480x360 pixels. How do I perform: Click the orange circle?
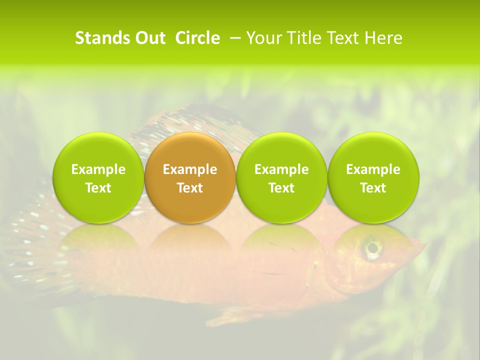(x=190, y=177)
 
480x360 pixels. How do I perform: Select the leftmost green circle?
(x=98, y=177)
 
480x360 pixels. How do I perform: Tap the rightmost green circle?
(x=373, y=177)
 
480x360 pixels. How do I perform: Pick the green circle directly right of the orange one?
(x=281, y=177)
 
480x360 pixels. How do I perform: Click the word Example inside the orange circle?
(x=190, y=169)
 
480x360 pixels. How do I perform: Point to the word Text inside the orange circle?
(x=190, y=188)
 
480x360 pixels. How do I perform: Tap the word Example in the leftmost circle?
(x=98, y=169)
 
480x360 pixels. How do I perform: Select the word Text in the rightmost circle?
(x=373, y=188)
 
